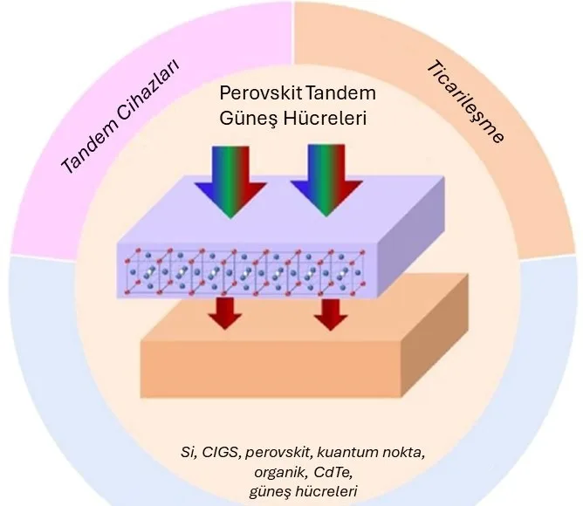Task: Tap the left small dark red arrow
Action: click(227, 312)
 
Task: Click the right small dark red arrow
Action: click(329, 312)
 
